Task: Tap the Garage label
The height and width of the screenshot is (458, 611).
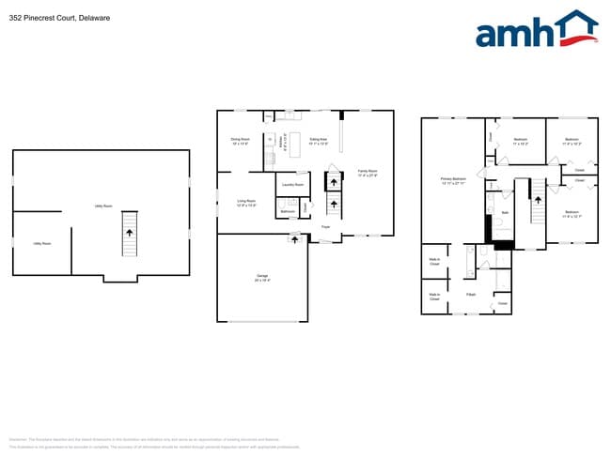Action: [x=262, y=278]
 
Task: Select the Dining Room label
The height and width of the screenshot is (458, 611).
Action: [x=240, y=141]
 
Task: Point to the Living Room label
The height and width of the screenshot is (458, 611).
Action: [x=246, y=202]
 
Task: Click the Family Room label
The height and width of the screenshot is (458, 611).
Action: [x=367, y=173]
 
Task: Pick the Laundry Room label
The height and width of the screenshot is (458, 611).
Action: [x=292, y=185]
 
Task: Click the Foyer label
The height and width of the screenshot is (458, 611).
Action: [x=325, y=226]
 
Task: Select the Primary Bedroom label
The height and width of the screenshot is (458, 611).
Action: [x=453, y=180]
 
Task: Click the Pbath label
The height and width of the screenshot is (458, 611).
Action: [x=471, y=295]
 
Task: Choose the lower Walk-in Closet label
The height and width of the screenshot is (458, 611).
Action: [x=434, y=297]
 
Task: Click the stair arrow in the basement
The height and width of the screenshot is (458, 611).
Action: [x=130, y=231]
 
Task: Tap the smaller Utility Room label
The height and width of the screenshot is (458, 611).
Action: [x=42, y=243]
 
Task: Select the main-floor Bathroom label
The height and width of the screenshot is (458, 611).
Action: [x=288, y=211]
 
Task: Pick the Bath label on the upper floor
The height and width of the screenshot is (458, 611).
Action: [x=505, y=213]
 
